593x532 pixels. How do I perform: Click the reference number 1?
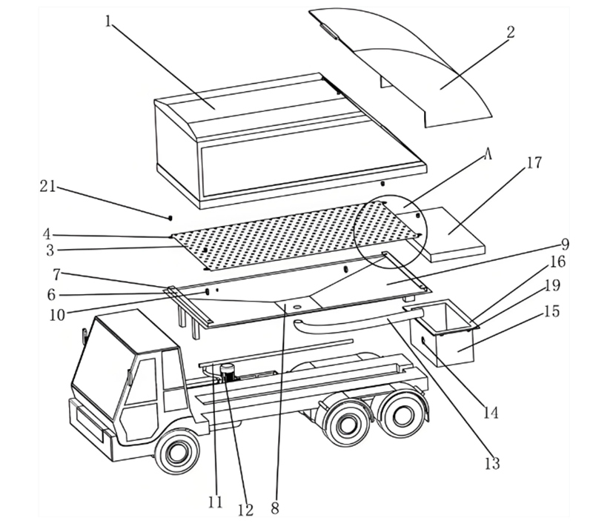(109, 20)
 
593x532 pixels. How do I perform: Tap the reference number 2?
(511, 32)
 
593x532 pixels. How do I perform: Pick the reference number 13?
(491, 464)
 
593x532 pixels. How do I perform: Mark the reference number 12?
(245, 510)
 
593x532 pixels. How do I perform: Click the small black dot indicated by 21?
(170, 217)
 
